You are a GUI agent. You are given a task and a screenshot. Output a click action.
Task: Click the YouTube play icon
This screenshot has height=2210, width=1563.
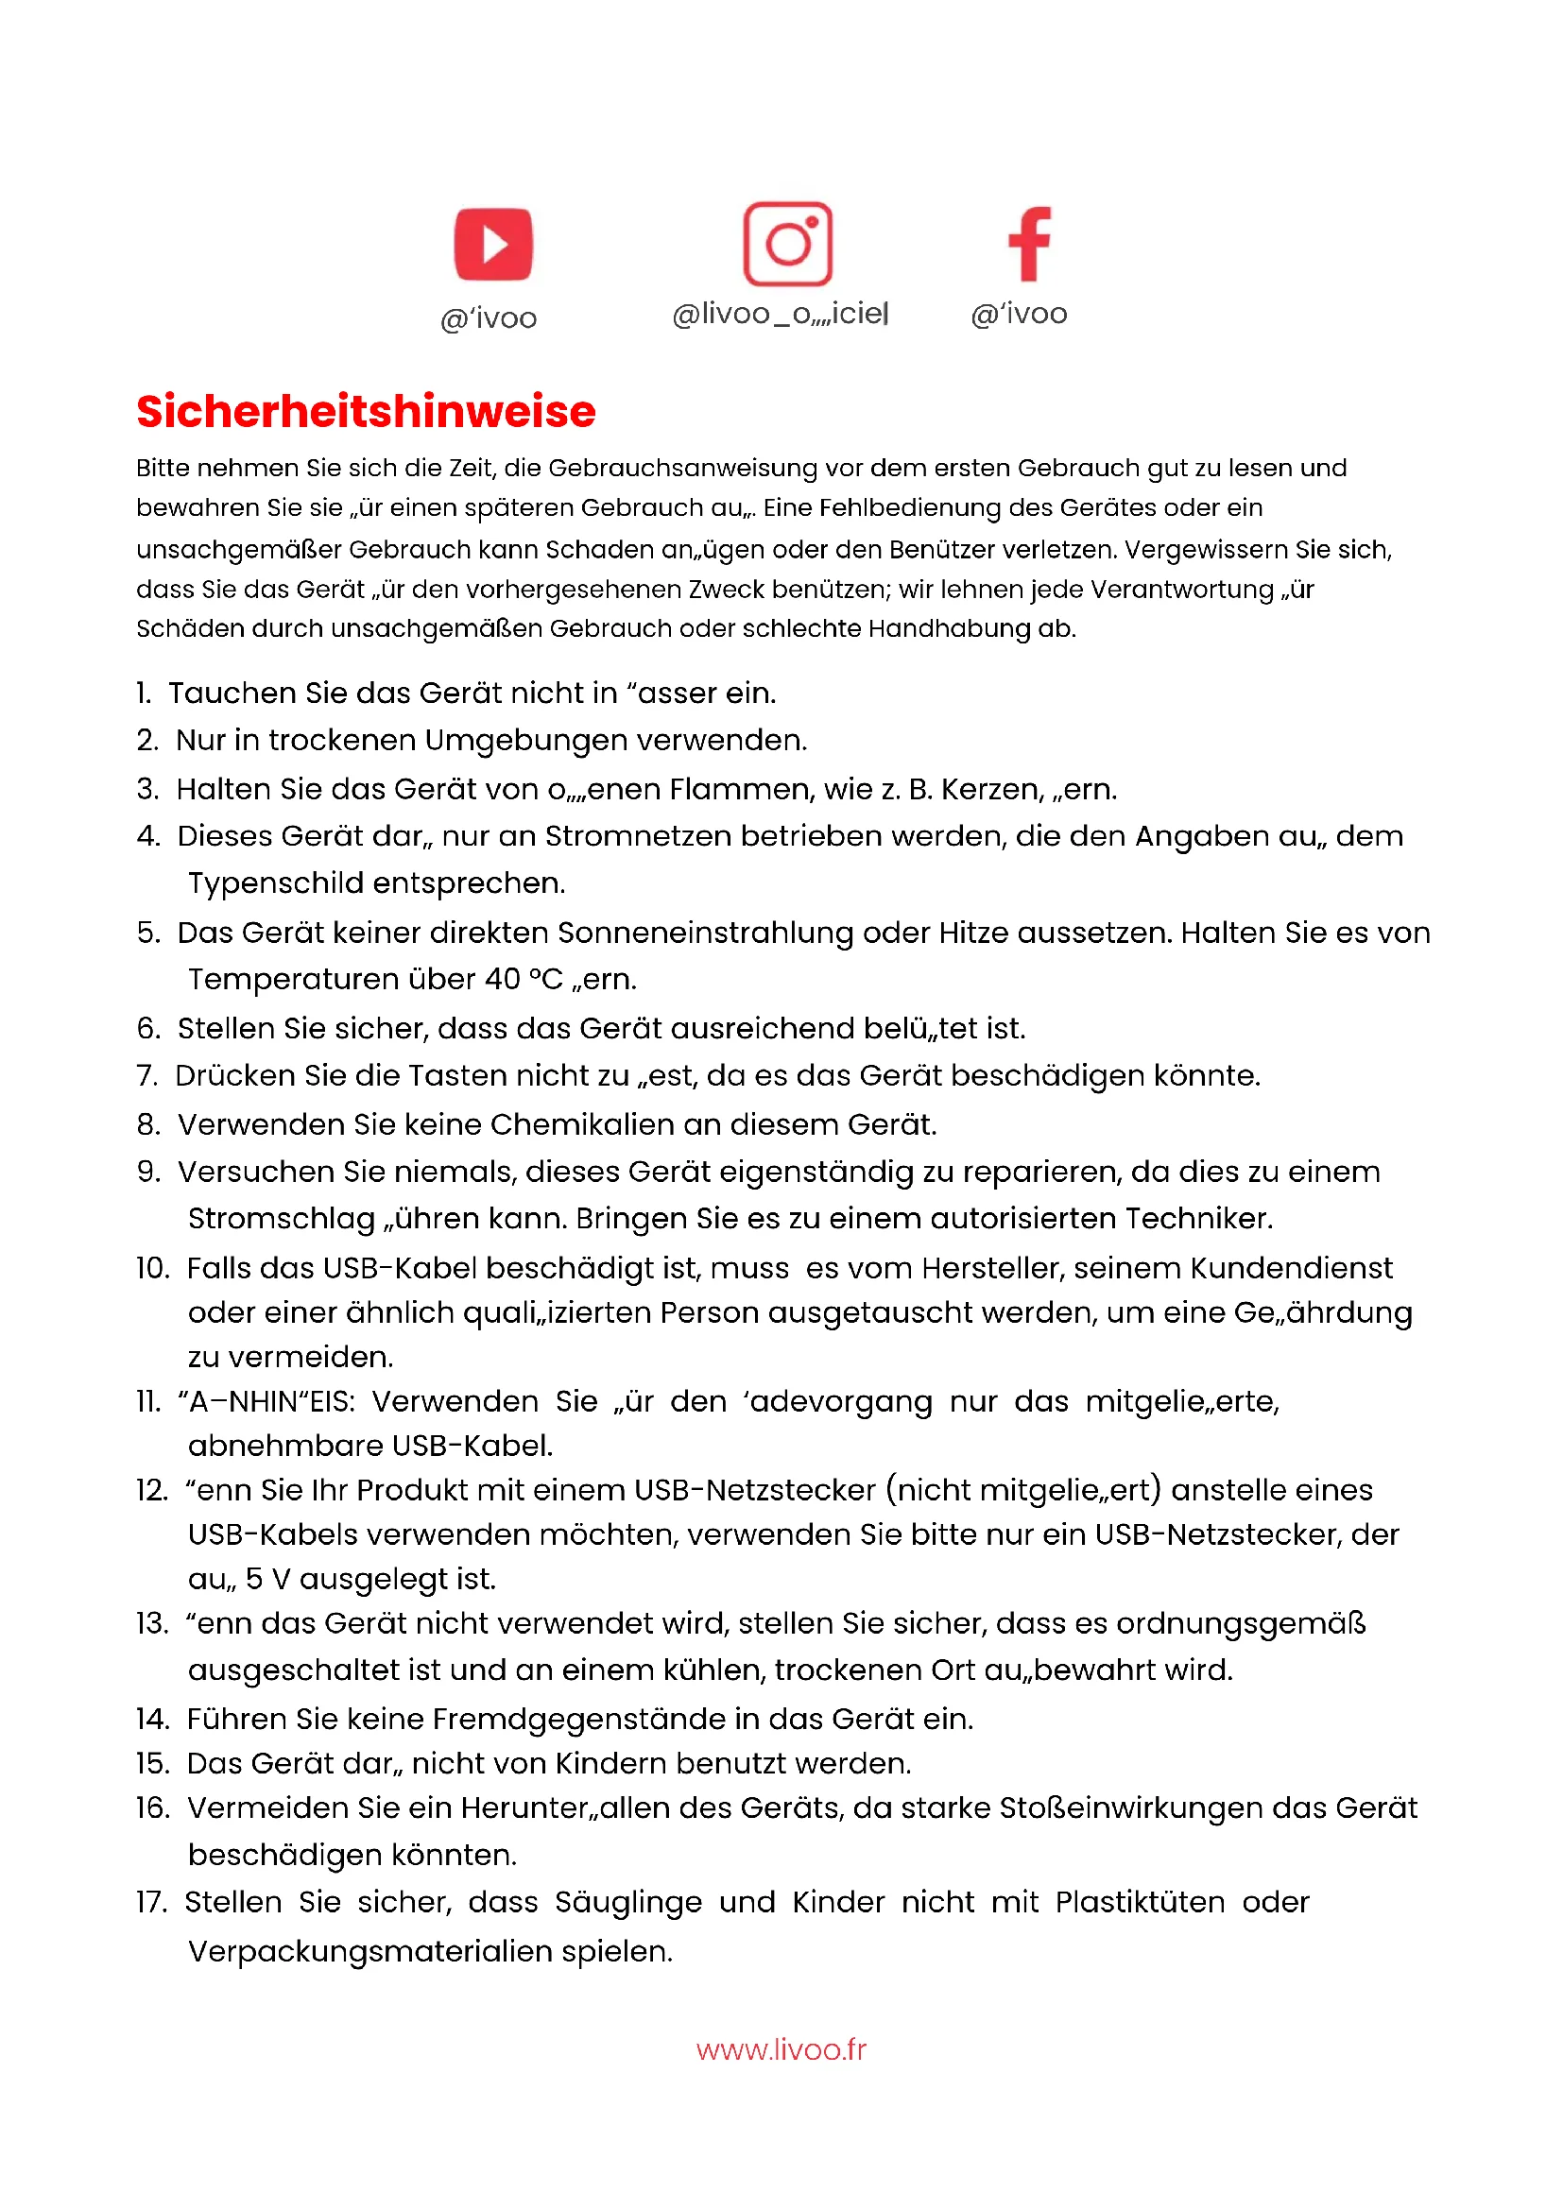[x=492, y=244]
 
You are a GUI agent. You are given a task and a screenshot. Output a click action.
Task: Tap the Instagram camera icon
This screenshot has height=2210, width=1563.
[x=787, y=244]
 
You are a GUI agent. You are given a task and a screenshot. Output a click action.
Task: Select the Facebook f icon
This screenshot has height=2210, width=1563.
[x=1029, y=244]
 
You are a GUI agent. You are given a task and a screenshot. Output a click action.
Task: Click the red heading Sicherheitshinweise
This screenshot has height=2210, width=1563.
[x=366, y=412]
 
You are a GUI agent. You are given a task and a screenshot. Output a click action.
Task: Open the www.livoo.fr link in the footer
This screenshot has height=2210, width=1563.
[x=781, y=2049]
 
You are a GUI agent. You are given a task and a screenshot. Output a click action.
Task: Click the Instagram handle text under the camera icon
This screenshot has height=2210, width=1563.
[x=780, y=314]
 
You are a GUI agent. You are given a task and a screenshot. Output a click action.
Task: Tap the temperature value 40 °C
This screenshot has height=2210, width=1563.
[x=524, y=979]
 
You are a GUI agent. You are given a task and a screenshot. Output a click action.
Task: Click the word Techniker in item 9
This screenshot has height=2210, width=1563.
[x=1198, y=1219]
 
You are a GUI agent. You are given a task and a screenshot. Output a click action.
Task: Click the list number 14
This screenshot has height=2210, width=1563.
[x=152, y=1719]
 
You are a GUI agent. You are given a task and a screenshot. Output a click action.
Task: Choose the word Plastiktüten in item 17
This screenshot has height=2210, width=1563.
[x=1140, y=1903]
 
